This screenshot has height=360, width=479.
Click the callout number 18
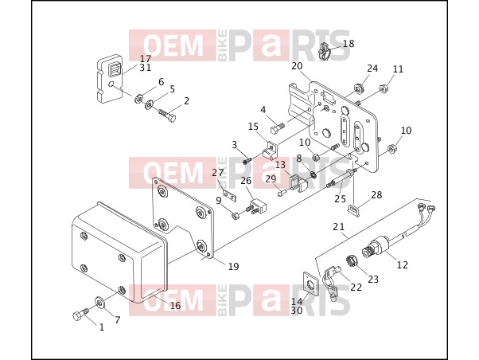(x=349, y=44)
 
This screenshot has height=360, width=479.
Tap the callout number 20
(x=297, y=66)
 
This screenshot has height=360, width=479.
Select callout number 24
(x=372, y=68)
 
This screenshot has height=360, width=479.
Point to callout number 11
(x=398, y=69)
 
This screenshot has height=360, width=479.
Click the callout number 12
(x=403, y=264)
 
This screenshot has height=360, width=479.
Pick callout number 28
(x=376, y=194)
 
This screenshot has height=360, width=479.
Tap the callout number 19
(x=233, y=266)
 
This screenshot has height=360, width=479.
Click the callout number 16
(x=175, y=305)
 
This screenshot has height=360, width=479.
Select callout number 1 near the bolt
(x=102, y=327)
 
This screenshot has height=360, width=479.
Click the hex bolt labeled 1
(x=80, y=315)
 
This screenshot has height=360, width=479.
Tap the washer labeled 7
(x=99, y=303)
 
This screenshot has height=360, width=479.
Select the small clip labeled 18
(x=325, y=51)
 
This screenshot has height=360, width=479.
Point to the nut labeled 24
(x=359, y=89)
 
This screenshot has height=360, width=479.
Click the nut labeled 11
(x=382, y=89)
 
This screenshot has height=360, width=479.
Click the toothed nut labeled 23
(x=352, y=261)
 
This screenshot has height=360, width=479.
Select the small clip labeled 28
(x=354, y=209)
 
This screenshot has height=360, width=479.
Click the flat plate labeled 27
(x=229, y=195)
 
